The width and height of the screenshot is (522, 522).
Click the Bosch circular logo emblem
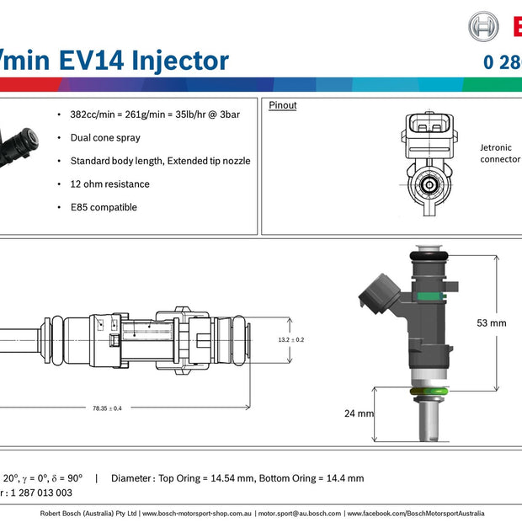coord(483,27)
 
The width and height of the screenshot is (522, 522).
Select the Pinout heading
coord(282,106)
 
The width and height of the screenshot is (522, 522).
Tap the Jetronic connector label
coord(500,152)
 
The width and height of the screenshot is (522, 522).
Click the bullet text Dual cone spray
coord(105,137)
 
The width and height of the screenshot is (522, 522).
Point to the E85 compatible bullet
coord(103,207)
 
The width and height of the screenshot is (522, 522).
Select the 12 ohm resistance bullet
coord(109,184)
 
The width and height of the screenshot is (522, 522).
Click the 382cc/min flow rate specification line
coord(155,114)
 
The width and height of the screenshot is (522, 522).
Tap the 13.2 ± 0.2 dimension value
coord(290,339)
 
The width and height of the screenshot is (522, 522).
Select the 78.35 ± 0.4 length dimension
coord(107,408)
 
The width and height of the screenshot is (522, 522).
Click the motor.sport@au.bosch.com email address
coord(299,513)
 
